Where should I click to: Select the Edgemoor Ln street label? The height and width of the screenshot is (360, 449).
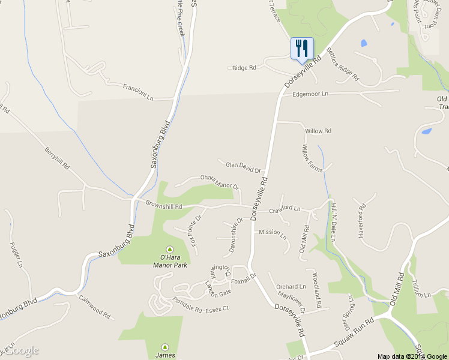310,94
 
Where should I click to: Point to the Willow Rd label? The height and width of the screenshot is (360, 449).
318,131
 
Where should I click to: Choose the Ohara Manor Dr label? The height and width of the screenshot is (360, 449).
219,182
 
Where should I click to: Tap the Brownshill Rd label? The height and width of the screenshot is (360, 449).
163,205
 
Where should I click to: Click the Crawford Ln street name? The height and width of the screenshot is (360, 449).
285,209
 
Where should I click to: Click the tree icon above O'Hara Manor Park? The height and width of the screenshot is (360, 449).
169,249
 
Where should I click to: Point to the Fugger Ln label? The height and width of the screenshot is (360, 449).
16,254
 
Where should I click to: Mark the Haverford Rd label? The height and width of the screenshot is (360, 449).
361,223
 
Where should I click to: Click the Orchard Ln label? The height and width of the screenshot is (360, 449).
291,287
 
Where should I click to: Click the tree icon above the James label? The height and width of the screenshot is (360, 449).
165,346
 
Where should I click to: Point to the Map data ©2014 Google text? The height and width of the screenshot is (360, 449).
412,356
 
